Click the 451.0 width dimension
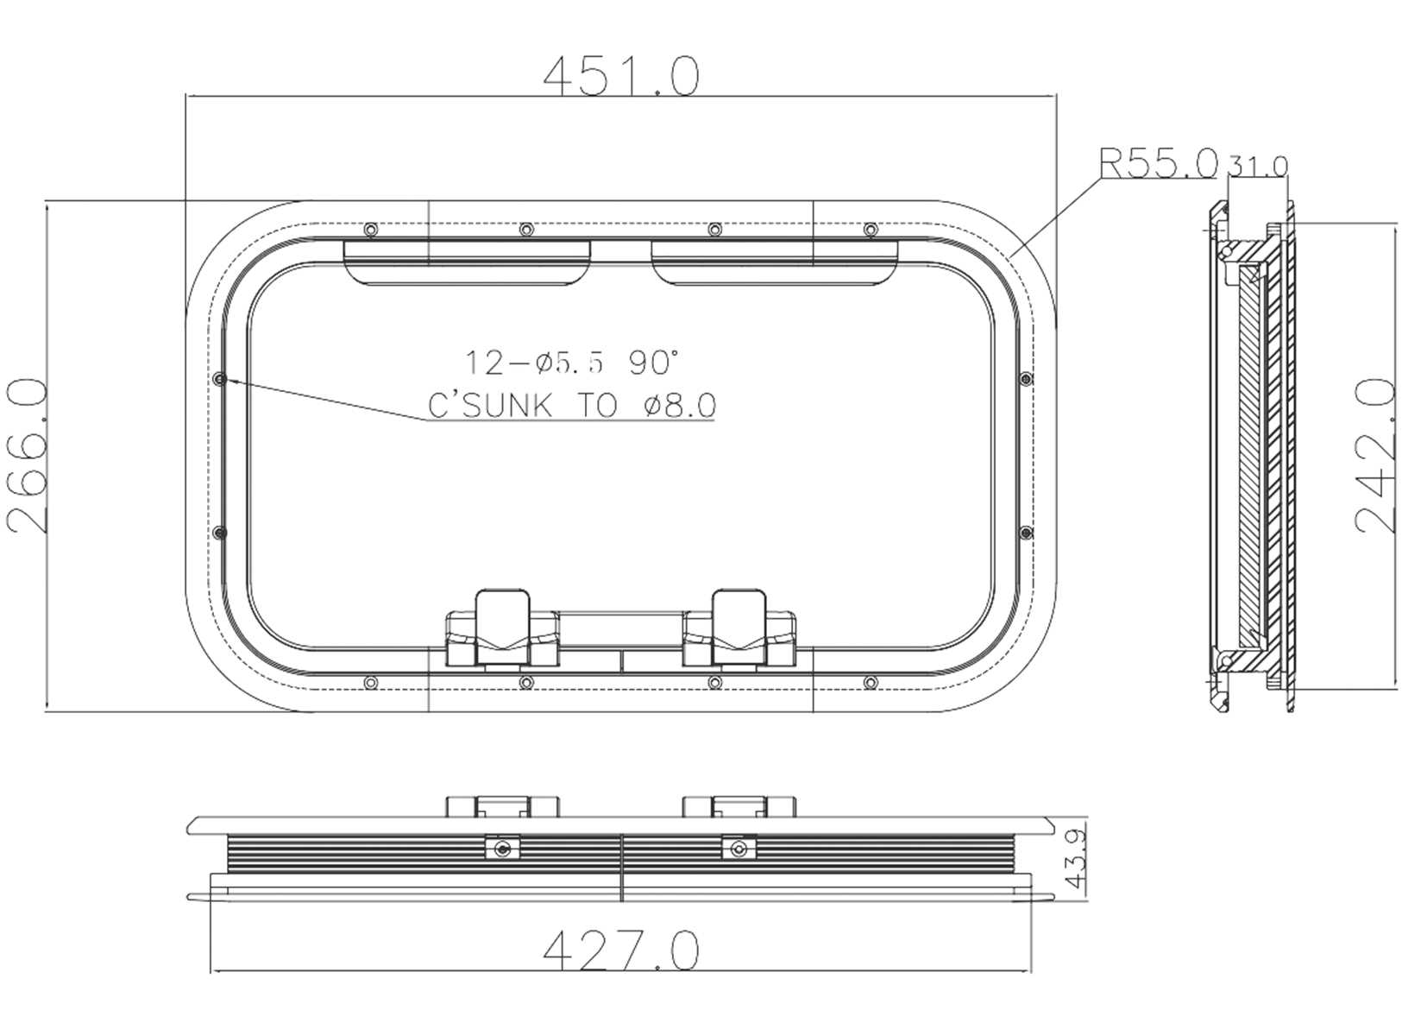[620, 76]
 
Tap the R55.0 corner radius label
[1157, 163]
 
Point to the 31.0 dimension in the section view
[1257, 165]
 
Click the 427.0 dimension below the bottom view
[620, 950]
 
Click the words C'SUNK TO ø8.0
[572, 405]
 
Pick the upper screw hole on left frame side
[219, 379]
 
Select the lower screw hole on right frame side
[1024, 533]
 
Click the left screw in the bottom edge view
[503, 849]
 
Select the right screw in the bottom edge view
[738, 849]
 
